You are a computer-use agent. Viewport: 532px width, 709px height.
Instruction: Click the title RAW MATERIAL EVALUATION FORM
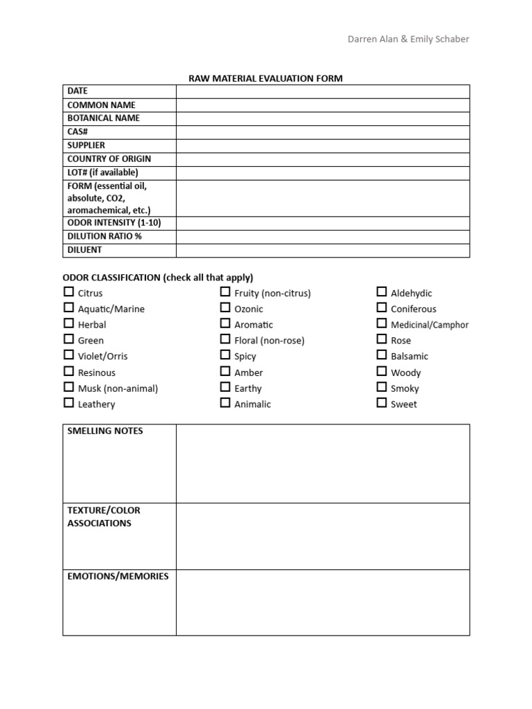pos(266,78)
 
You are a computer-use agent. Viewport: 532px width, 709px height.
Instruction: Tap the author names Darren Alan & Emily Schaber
pos(408,39)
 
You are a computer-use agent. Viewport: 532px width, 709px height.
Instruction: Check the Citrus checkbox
pos(69,292)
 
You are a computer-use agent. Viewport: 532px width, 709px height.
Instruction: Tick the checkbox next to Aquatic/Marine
pos(69,308)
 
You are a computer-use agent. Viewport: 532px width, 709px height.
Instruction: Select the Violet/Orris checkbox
pos(69,355)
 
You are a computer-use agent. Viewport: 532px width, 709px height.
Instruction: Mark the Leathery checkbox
pos(69,403)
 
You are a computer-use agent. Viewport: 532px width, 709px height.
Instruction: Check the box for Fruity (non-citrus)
pos(225,292)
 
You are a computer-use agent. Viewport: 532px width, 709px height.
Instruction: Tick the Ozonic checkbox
pos(225,308)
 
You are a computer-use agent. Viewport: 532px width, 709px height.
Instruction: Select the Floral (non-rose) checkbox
pos(225,339)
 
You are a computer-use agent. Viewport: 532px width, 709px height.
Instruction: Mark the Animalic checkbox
pos(225,403)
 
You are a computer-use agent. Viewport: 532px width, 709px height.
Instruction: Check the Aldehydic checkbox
pos(382,292)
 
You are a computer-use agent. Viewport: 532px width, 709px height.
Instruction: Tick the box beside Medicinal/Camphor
pos(382,323)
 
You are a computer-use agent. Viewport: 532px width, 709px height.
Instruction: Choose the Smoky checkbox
pos(382,388)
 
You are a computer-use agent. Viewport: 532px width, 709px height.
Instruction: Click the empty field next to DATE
pos(323,91)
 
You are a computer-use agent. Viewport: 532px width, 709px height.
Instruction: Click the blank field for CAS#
pos(323,132)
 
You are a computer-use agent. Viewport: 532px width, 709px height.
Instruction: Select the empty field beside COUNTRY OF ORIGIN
pos(323,159)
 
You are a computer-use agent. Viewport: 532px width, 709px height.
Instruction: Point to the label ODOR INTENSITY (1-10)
pos(118,223)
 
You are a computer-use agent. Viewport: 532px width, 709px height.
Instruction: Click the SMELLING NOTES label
pos(105,431)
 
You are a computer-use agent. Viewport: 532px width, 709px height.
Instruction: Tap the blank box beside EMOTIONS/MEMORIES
pos(323,602)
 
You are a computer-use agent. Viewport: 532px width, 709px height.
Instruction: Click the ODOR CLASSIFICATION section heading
pos(158,277)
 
